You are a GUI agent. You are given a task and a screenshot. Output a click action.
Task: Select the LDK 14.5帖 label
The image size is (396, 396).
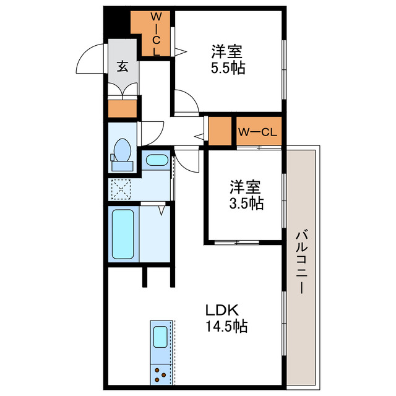click(x=226, y=318)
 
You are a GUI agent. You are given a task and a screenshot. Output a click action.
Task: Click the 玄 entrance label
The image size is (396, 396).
click(x=123, y=66)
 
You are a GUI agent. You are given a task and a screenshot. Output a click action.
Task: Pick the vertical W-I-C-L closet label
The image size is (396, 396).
click(x=156, y=33)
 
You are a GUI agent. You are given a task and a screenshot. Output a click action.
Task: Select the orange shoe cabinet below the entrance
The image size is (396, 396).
click(x=123, y=109)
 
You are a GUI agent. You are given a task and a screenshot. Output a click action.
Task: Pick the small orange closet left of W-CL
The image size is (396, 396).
click(x=219, y=131)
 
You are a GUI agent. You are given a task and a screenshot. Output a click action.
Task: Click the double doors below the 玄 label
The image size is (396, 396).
click(x=123, y=89)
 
